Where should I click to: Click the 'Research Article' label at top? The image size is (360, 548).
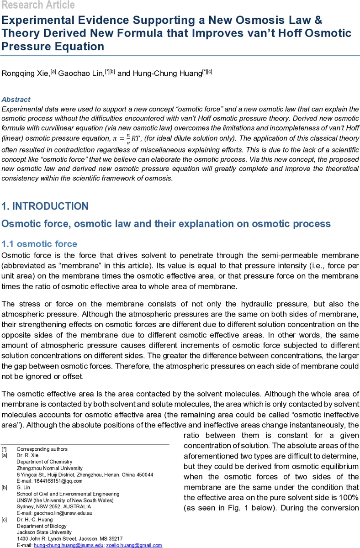point(37,5)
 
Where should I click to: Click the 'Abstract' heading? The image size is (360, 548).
point(16,100)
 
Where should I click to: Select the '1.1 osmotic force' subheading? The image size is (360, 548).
point(39,244)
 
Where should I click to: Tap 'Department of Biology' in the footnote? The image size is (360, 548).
point(42,526)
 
